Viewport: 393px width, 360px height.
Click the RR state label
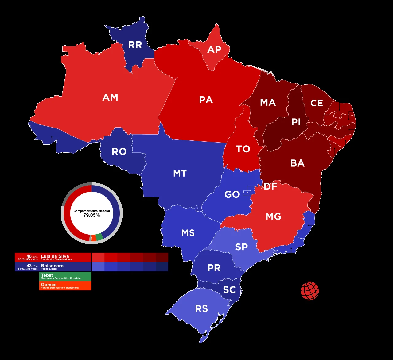click(x=135, y=45)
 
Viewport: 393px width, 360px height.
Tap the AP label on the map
click(x=214, y=49)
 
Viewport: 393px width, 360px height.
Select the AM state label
click(x=110, y=98)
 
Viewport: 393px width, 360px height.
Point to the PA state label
click(x=206, y=100)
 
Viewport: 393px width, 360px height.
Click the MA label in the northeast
click(x=268, y=102)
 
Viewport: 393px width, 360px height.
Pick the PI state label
click(x=296, y=122)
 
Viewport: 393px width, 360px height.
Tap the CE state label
click(x=317, y=103)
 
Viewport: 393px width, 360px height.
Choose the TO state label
click(x=243, y=149)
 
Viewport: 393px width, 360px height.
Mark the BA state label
click(x=297, y=163)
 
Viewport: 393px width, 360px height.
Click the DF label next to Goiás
click(x=270, y=186)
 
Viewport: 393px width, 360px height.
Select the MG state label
click(x=273, y=216)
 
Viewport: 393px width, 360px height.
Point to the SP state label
click(x=241, y=247)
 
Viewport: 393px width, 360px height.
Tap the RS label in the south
click(x=201, y=309)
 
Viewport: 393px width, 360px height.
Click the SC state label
click(x=229, y=290)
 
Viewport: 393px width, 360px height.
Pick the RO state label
click(x=119, y=151)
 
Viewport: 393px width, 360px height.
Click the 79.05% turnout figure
click(x=91, y=215)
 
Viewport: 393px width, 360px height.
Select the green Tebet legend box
click(x=65, y=276)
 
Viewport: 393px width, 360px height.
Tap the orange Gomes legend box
click(x=65, y=286)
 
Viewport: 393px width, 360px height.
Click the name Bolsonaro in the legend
click(x=52, y=266)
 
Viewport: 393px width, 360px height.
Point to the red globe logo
click(x=310, y=291)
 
